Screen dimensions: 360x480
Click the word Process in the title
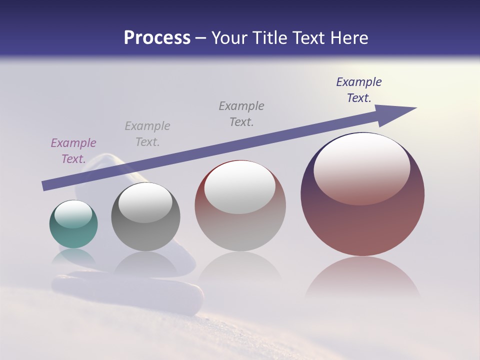157,38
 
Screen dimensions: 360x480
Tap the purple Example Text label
73,151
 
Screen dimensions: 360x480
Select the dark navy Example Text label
359,90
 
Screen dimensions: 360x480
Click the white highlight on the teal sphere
73,214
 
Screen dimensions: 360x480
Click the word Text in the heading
307,38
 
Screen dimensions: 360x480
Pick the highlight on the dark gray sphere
145,202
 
